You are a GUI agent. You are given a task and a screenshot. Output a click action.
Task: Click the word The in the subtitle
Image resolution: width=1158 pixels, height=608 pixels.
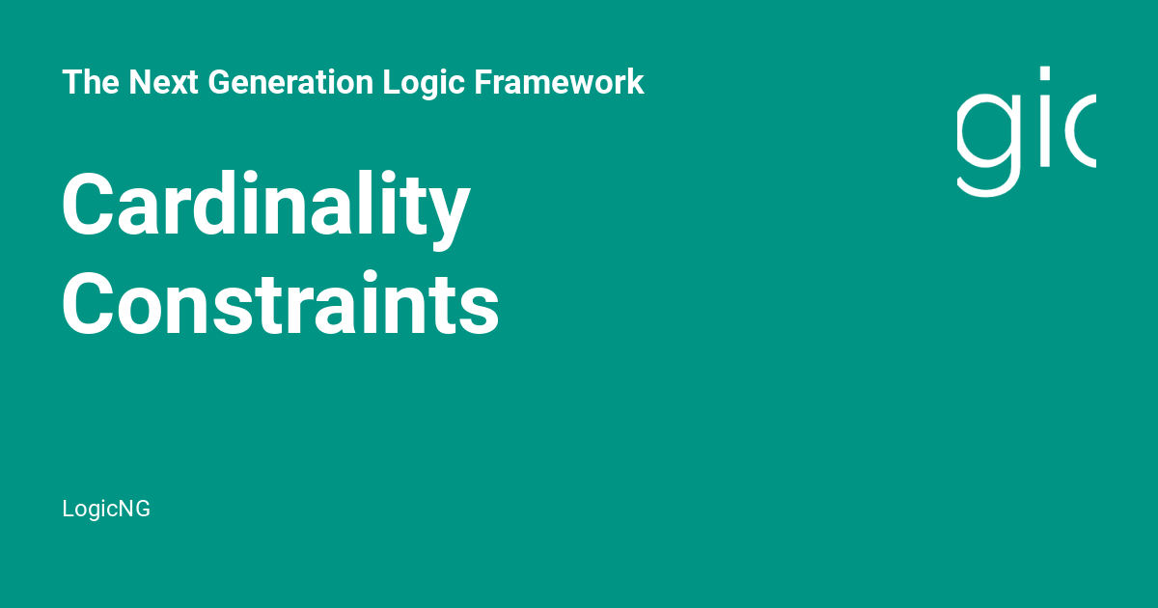tap(91, 82)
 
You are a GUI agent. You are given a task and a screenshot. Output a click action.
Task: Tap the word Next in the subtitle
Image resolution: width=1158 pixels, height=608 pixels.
tap(163, 82)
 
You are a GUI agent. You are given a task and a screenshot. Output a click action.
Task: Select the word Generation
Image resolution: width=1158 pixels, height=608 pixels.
tap(290, 82)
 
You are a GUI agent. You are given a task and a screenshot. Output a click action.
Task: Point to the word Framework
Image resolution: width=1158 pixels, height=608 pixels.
tap(559, 82)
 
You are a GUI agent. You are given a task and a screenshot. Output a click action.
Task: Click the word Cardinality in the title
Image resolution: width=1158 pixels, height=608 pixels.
tap(265, 209)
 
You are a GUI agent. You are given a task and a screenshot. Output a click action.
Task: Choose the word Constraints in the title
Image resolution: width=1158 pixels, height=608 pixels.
tap(280, 302)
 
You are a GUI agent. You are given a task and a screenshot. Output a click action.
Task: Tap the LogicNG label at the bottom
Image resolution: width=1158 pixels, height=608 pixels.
tap(106, 509)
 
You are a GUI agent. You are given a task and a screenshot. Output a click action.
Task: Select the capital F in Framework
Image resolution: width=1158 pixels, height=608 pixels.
tap(484, 82)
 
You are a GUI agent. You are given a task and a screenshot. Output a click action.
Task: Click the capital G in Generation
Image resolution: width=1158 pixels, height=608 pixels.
tap(220, 82)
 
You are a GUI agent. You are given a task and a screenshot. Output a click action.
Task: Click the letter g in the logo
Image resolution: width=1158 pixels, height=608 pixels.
tap(988, 145)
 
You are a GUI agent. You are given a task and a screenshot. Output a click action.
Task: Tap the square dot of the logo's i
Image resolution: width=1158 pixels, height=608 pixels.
tap(1045, 73)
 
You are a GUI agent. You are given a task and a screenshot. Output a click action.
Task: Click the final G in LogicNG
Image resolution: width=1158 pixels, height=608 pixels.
tap(142, 509)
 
